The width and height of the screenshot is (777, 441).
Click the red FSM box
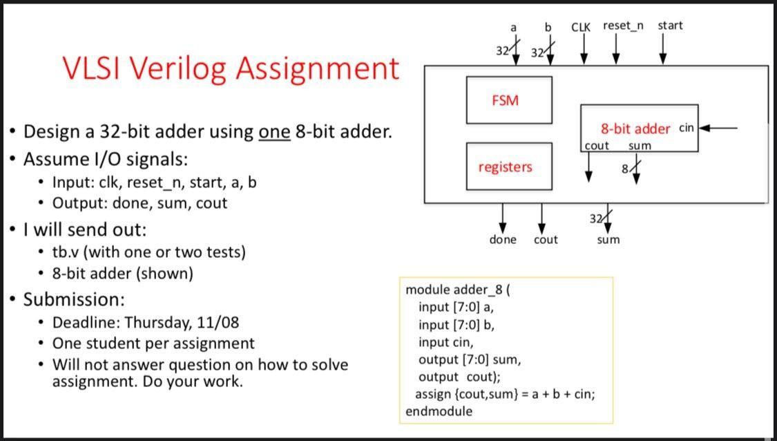pos(509,100)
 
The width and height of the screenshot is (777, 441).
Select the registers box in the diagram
pos(509,167)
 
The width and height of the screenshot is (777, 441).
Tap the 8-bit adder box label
pos(635,129)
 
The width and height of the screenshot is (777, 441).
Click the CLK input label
pos(581,26)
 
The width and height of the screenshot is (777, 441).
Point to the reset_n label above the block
pos(622,26)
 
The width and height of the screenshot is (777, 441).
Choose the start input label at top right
pos(670,26)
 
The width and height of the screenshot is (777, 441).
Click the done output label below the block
pos(503,240)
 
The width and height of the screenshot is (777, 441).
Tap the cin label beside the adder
pos(687,128)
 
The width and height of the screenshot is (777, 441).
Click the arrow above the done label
pos(503,218)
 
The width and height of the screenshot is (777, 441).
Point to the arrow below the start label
pos(664,48)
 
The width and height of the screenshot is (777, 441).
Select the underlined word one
pos(274,131)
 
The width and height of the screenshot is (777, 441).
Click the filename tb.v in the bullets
pos(66,252)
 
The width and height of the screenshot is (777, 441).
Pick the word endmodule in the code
pos(439,411)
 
